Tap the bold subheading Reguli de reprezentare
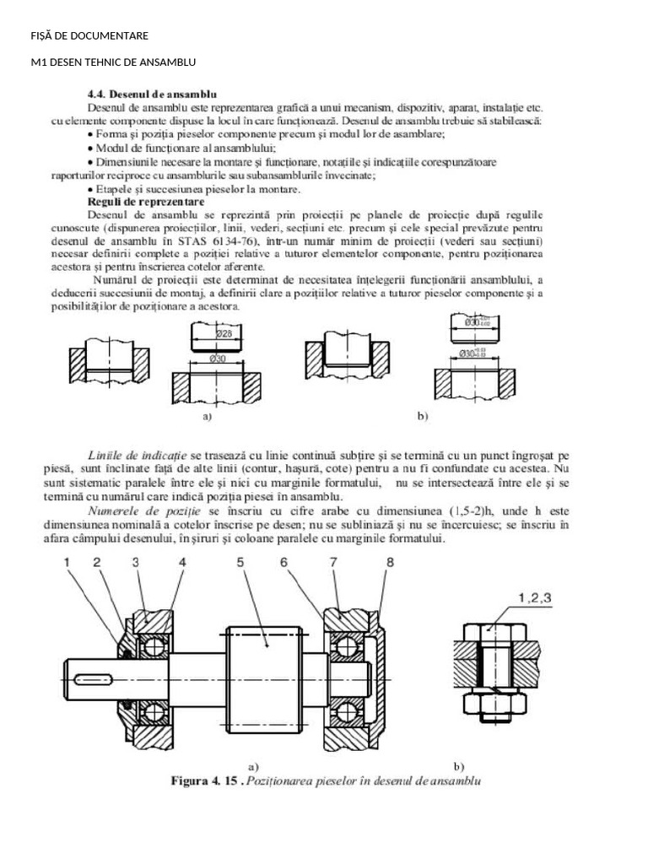(x=145, y=202)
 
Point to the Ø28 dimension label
(x=225, y=332)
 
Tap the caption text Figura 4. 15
(x=207, y=781)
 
